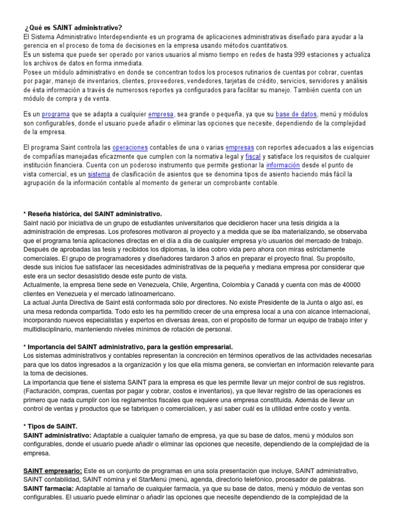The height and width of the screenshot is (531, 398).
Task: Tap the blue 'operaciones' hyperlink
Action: (x=130, y=148)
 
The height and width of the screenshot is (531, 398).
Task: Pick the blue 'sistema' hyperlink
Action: (x=98, y=174)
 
